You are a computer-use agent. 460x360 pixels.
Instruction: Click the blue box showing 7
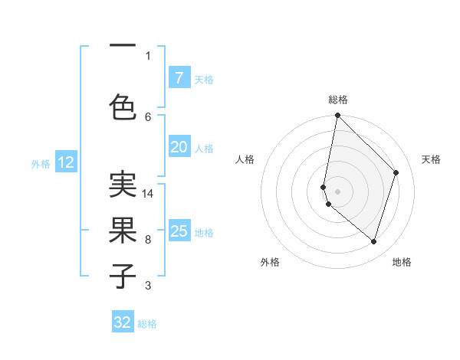[179, 78]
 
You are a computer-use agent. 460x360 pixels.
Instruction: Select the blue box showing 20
[179, 147]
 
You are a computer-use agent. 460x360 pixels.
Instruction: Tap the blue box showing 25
[179, 231]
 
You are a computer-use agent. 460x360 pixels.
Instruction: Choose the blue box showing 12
[66, 162]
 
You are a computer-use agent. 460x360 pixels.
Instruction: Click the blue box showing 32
[123, 322]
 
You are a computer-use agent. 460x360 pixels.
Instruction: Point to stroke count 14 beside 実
[148, 194]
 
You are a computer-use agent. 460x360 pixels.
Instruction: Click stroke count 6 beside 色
[148, 116]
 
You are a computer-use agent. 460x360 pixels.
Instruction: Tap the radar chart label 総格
[337, 100]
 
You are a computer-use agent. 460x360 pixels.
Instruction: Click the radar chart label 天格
[431, 159]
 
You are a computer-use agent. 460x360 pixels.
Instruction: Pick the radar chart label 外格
[270, 263]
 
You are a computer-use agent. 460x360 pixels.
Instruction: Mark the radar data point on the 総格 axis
[337, 115]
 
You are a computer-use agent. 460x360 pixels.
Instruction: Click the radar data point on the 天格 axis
[396, 172]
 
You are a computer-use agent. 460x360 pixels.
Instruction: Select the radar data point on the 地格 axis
[373, 241]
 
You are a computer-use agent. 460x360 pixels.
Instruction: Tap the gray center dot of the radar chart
[337, 191]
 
